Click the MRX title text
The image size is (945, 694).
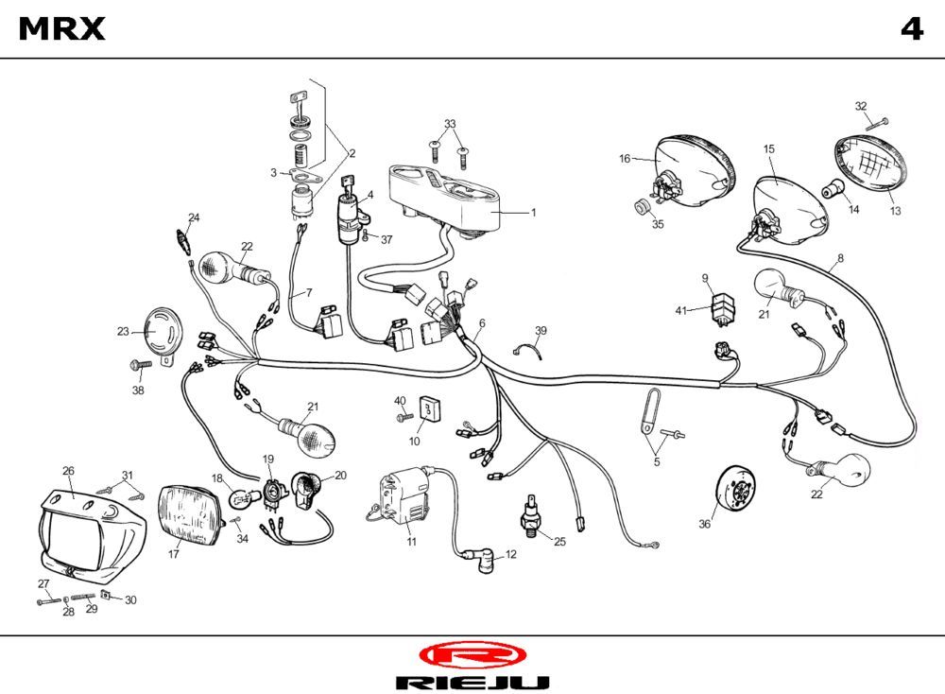62,30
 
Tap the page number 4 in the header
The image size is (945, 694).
911,30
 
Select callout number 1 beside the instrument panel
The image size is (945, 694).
533,213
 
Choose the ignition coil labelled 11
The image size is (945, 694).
401,497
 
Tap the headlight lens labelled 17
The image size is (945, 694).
191,514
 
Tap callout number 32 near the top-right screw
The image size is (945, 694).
860,106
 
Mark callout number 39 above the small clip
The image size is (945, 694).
541,330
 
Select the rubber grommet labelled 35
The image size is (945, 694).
642,206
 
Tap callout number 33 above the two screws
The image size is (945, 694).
450,124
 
